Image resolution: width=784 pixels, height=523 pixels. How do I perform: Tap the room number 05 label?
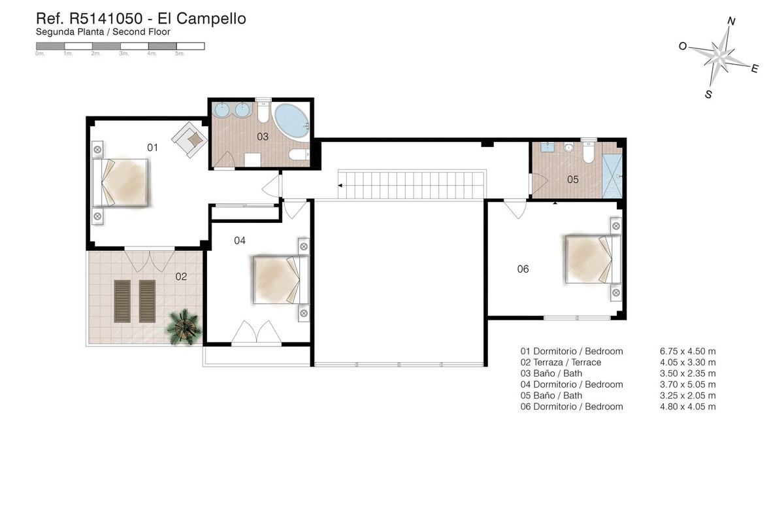(x=572, y=179)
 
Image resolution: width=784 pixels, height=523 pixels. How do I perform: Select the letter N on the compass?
(x=731, y=22)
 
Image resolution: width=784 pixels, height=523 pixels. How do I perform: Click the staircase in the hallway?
(x=413, y=184)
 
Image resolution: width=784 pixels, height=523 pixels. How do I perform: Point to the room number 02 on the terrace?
(x=181, y=277)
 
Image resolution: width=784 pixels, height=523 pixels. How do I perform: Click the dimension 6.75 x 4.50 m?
(x=687, y=351)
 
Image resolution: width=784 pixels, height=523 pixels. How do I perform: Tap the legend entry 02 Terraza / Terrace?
(x=561, y=362)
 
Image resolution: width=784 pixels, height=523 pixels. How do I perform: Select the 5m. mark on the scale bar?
(x=180, y=54)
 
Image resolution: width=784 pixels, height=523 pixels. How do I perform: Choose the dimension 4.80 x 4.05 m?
(x=687, y=407)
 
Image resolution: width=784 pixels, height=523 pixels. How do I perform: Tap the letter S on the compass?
(x=708, y=94)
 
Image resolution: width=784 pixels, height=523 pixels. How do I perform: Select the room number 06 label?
(x=523, y=269)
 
